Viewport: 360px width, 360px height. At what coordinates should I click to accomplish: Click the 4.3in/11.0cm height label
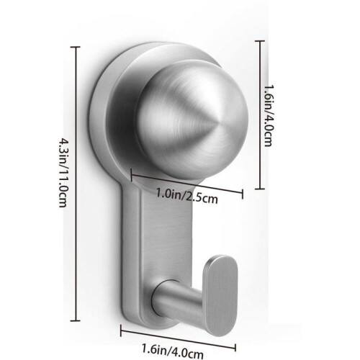63,172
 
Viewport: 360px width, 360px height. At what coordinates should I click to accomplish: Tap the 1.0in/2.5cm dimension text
187,196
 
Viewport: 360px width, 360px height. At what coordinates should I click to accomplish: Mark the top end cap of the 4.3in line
76,48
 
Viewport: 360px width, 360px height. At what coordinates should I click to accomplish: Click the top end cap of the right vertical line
259,41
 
